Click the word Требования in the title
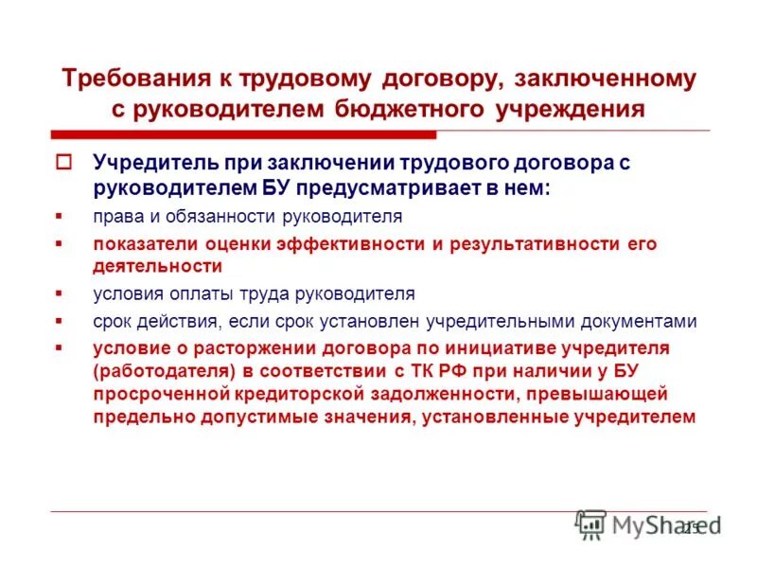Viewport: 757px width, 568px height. (128, 79)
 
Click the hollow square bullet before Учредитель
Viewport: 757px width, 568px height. (64, 161)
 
